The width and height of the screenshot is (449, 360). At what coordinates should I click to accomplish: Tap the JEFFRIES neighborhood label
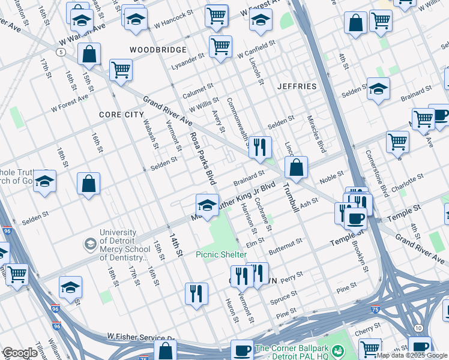[297, 86]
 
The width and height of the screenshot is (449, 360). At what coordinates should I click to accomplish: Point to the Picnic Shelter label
[221, 254]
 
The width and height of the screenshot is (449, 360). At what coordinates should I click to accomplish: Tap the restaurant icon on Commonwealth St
[260, 148]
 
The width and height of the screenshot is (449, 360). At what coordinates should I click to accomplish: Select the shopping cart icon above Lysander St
[221, 46]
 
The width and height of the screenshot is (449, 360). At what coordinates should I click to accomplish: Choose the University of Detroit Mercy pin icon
[90, 244]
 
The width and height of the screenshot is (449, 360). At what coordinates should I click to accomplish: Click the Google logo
[20, 353]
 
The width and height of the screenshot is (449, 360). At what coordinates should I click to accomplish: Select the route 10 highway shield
[418, 328]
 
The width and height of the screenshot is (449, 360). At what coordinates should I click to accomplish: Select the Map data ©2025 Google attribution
[412, 355]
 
